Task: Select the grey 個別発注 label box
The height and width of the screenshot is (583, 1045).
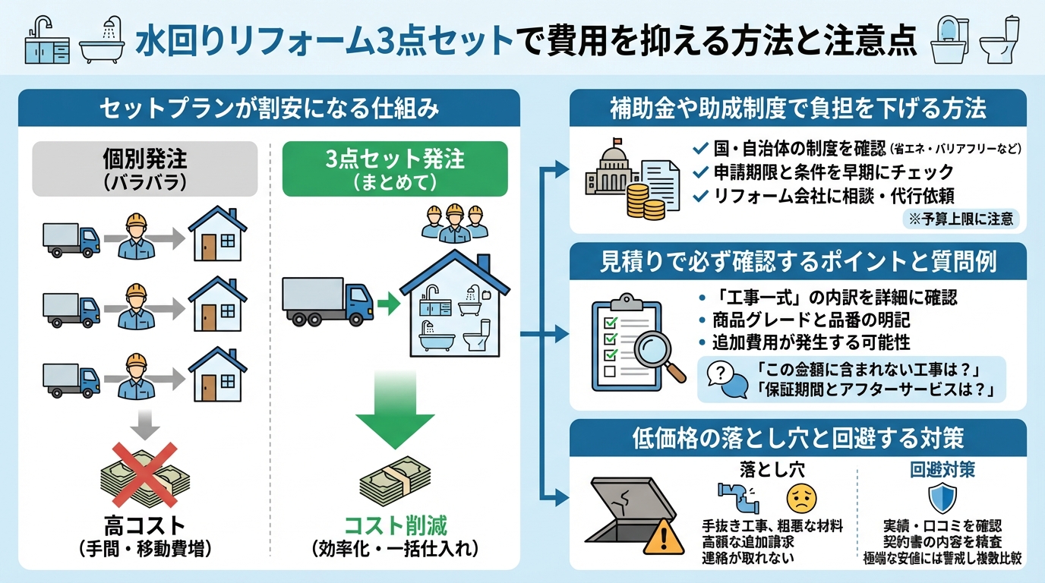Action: [x=145, y=169]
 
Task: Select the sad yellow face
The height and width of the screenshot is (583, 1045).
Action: [x=800, y=498]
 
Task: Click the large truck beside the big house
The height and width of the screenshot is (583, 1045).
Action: [x=327, y=301]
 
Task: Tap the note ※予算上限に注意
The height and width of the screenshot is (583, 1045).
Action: [x=960, y=219]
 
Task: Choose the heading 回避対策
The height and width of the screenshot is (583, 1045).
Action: [x=942, y=470]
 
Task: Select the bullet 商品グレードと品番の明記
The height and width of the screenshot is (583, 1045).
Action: [x=810, y=319]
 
